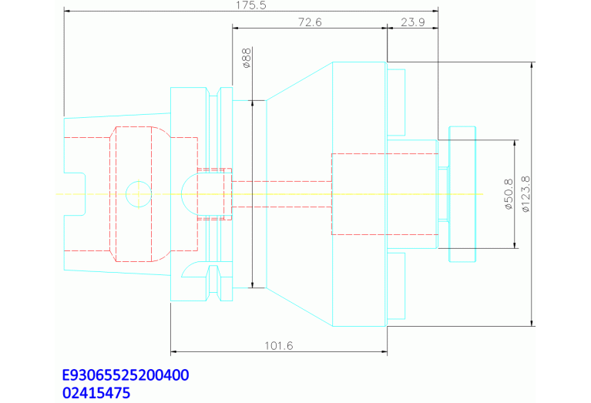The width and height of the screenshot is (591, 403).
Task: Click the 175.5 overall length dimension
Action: click(x=251, y=5)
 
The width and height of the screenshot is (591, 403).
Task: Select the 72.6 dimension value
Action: click(x=309, y=22)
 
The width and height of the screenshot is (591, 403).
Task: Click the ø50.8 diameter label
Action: click(x=509, y=194)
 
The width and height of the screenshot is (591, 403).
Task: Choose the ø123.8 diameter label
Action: click(x=525, y=194)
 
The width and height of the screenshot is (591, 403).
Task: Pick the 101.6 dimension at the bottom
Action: click(x=278, y=346)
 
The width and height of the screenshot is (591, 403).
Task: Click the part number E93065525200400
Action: click(x=126, y=375)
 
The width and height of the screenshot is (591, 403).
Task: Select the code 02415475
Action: click(x=96, y=393)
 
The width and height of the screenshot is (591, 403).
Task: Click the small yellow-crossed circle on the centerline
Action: click(x=139, y=193)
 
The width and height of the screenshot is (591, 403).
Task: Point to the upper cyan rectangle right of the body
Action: click(x=396, y=100)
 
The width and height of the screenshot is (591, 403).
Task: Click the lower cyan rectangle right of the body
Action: click(x=396, y=286)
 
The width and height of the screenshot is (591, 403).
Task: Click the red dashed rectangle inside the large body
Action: click(x=358, y=194)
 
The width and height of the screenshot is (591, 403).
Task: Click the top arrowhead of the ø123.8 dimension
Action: click(x=532, y=65)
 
